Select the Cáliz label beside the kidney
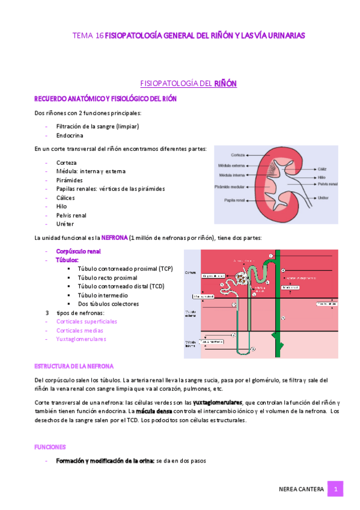(323, 170)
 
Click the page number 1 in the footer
(336, 490)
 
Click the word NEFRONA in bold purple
(114, 238)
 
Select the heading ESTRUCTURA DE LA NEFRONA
(73, 366)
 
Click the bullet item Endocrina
(70, 136)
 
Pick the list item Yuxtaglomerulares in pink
(81, 339)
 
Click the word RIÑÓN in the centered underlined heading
(225, 84)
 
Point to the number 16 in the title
(99, 36)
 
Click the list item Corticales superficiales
(87, 321)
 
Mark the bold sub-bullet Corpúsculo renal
(78, 251)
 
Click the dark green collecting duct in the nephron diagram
(277, 313)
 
